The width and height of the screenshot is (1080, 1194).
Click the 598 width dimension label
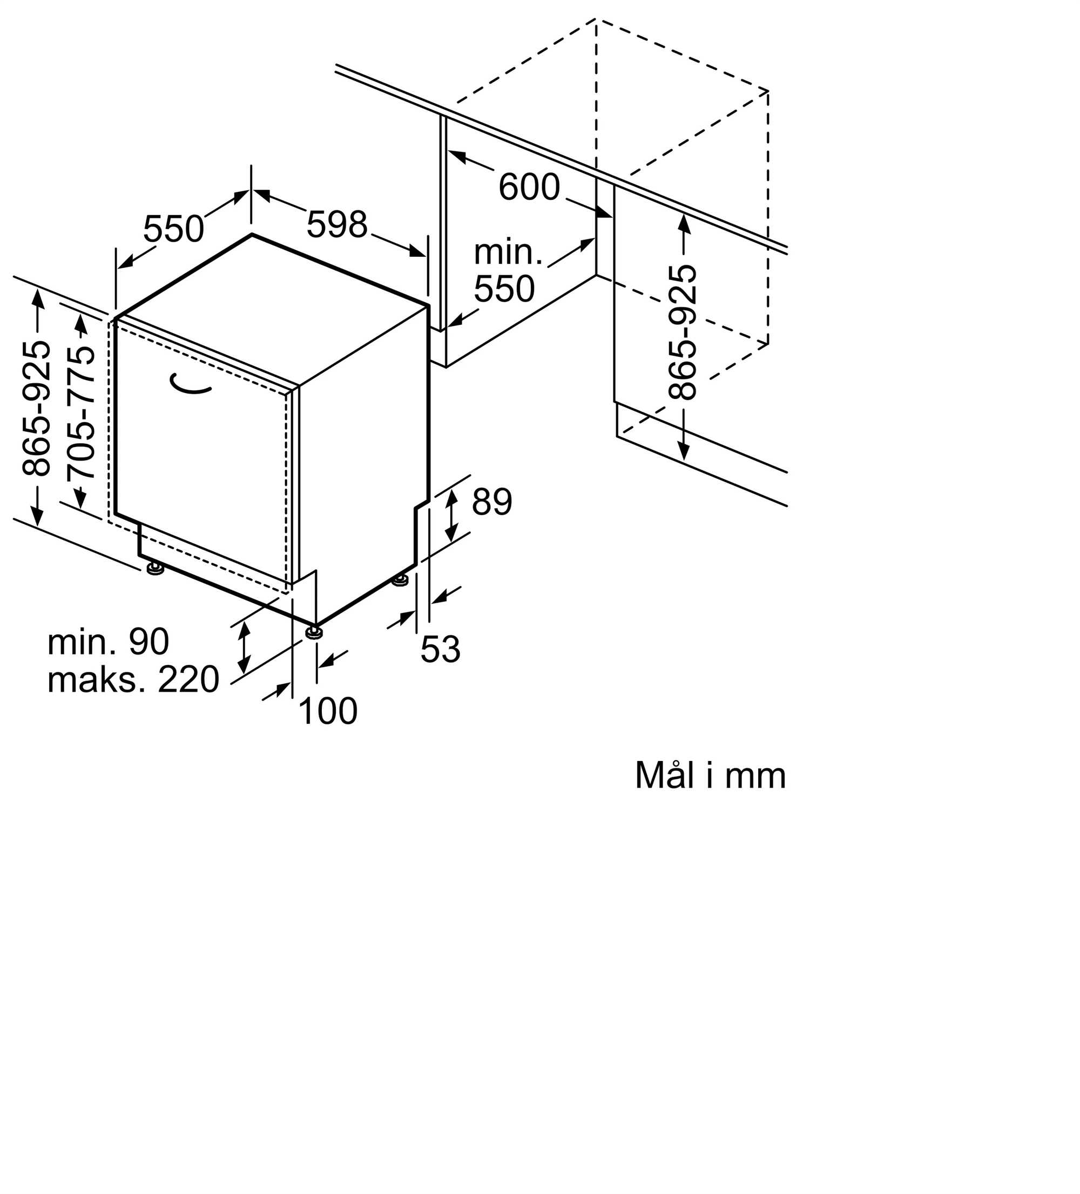[x=337, y=225]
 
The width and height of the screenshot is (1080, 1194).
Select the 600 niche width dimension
[x=529, y=186]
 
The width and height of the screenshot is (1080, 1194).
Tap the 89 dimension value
[x=492, y=502]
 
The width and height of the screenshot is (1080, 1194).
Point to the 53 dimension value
[x=440, y=649]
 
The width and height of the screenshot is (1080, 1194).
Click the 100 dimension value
[x=328, y=711]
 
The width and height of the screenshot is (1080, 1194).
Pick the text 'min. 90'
[x=109, y=642]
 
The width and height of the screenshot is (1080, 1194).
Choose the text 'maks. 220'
[x=133, y=679]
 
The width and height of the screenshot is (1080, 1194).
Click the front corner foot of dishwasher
[x=314, y=632]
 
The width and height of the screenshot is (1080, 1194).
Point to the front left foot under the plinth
[x=156, y=569]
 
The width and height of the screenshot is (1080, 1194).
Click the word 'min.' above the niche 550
[x=508, y=252]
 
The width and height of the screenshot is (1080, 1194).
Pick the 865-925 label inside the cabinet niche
[x=683, y=333]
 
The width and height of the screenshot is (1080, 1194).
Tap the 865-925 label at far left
[x=36, y=409]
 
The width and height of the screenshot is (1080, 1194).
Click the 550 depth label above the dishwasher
[x=173, y=229]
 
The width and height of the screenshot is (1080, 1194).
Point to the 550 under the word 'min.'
[x=504, y=290]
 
